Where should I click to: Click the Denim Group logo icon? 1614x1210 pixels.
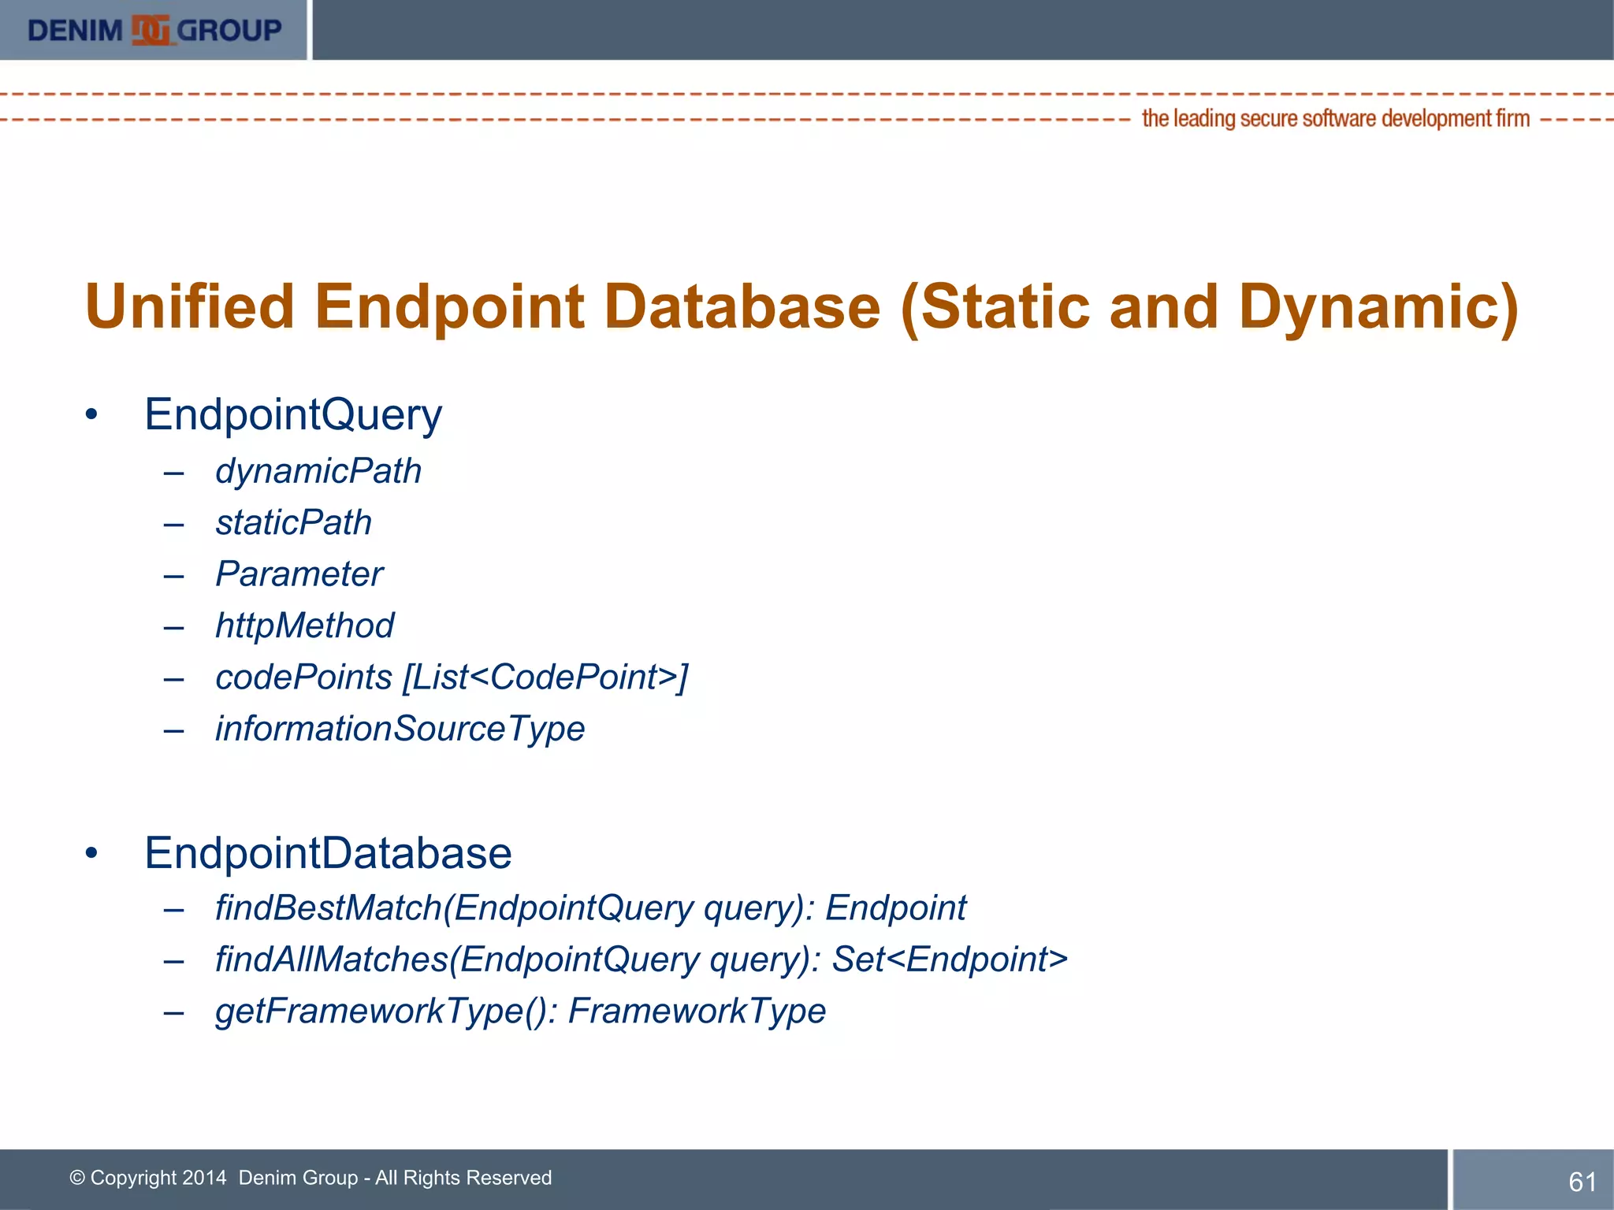(151, 30)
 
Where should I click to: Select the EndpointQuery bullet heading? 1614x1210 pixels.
(293, 414)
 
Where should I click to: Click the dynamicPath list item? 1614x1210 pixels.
(318, 471)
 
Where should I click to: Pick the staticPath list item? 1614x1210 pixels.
(293, 522)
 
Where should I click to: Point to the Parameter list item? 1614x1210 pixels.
(299, 573)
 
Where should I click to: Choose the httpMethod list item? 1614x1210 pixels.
(304, 625)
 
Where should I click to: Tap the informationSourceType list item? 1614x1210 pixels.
(400, 729)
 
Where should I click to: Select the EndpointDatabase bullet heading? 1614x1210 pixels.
(328, 853)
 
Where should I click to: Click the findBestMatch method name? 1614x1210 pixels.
(328, 907)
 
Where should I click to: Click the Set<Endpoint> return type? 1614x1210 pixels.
(950, 959)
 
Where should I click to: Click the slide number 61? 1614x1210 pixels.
(1582, 1182)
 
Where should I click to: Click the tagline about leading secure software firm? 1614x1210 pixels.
(1335, 118)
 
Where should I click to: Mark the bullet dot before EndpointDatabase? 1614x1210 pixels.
(91, 853)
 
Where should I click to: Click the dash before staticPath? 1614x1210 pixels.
(173, 524)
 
